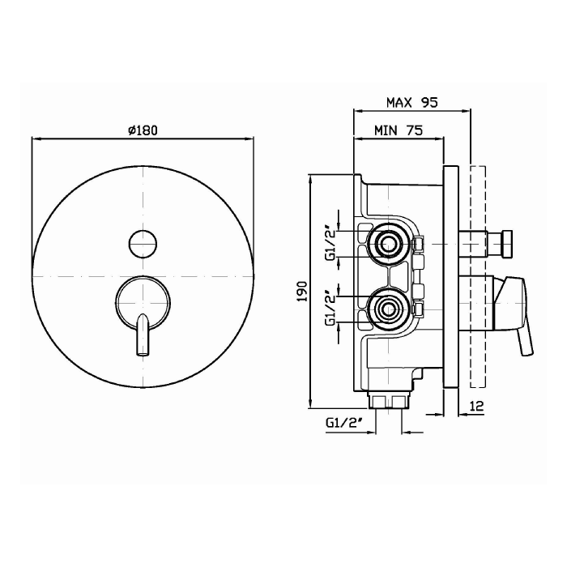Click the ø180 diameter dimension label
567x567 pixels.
click(143, 130)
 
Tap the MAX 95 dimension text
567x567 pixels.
click(411, 103)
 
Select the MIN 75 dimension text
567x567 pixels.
click(399, 130)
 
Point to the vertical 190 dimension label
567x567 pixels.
click(302, 292)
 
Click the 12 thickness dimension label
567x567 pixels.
click(477, 406)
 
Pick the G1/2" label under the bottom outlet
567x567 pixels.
click(344, 422)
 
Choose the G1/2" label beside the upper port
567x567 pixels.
click(331, 244)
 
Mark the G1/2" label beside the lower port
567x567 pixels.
click(331, 309)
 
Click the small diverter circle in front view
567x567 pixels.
click(143, 243)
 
